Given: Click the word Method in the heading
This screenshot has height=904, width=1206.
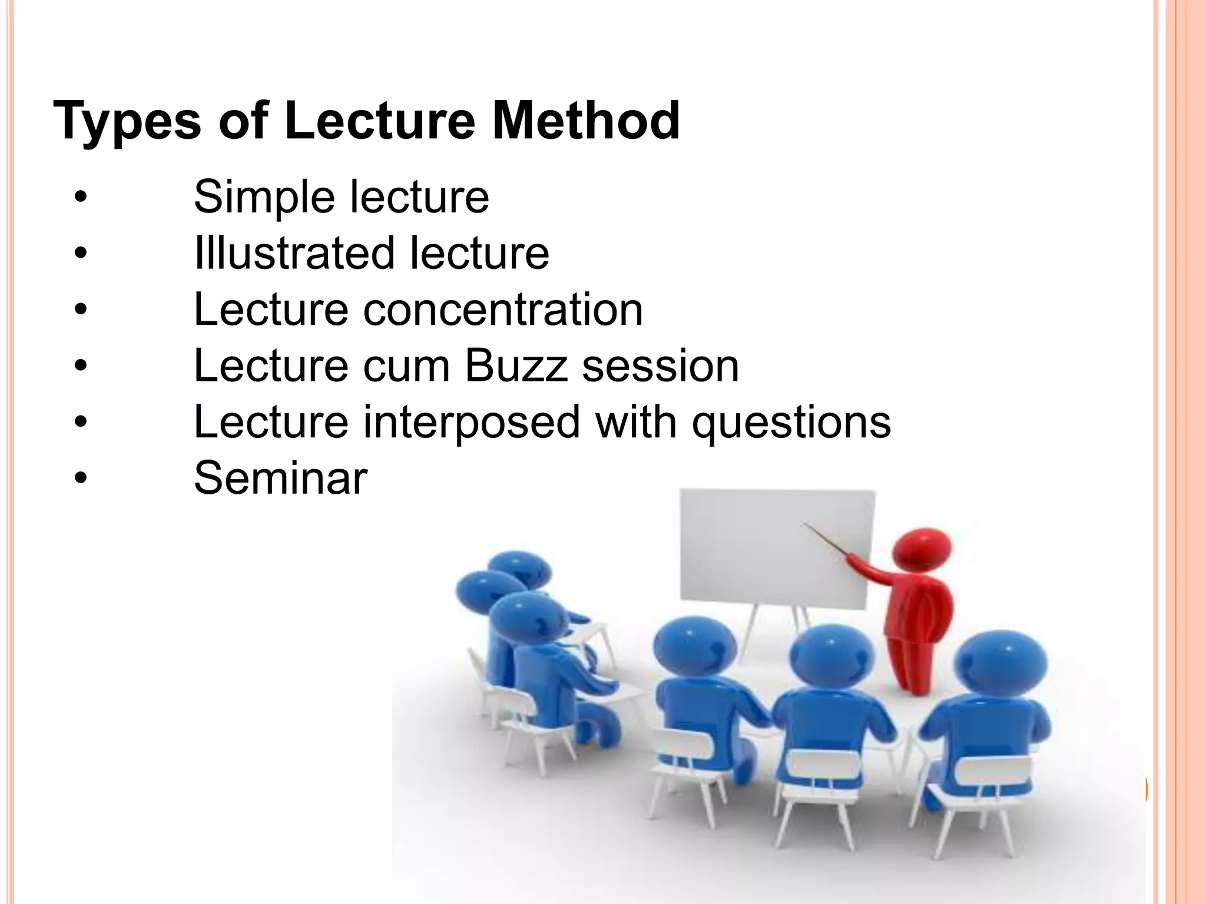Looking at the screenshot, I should click(586, 121).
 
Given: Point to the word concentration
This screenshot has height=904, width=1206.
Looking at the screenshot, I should click(503, 310).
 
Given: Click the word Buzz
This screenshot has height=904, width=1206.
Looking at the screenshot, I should click(516, 366).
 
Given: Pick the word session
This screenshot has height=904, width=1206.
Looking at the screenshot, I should click(660, 366).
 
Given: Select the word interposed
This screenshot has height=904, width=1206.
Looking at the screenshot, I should click(471, 423).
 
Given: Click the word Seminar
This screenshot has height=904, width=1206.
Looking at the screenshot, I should click(280, 478).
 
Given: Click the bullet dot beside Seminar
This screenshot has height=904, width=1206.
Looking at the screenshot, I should click(81, 478).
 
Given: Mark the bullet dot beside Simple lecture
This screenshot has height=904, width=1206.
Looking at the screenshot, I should click(81, 197).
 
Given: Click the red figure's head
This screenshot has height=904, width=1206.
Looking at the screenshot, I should click(921, 549).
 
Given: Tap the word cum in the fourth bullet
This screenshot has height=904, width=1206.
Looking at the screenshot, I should click(406, 366).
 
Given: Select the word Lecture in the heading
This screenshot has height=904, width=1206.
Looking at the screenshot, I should click(379, 121).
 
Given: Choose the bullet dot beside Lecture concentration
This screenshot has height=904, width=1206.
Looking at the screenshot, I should click(81, 310).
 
